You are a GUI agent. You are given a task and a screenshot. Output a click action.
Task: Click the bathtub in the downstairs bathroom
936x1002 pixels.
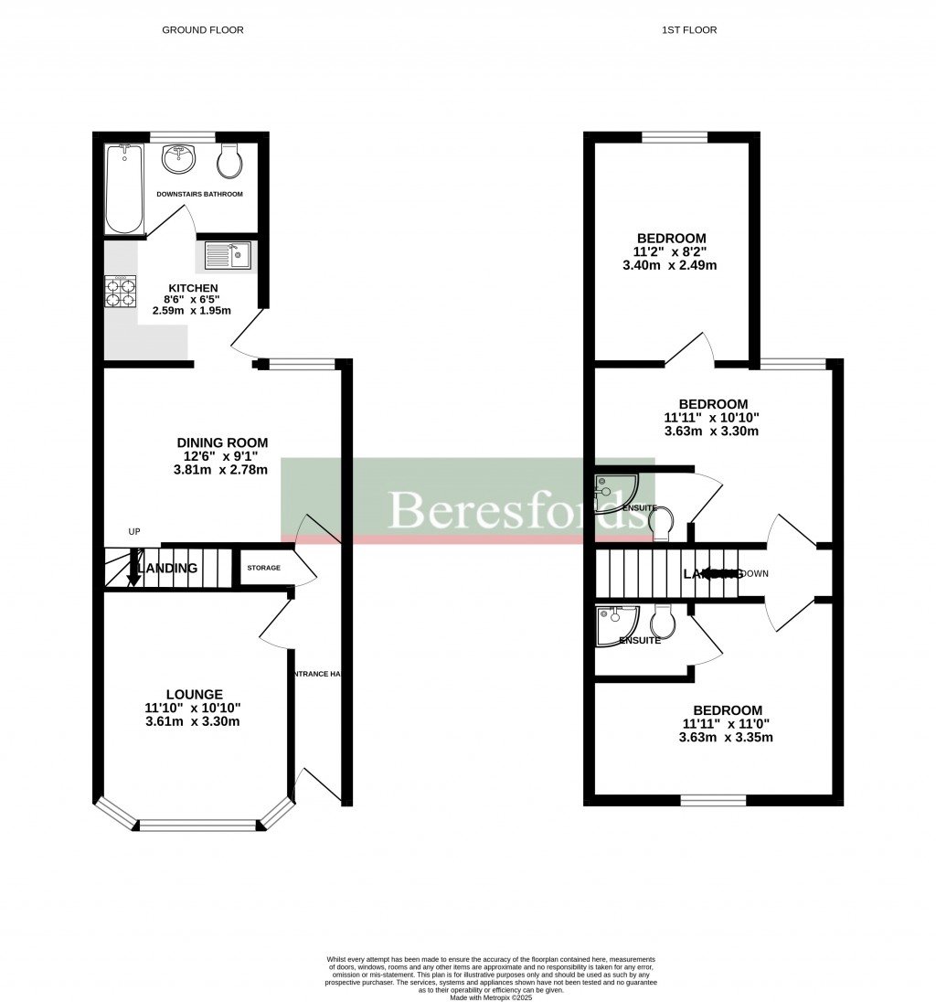point(122,189)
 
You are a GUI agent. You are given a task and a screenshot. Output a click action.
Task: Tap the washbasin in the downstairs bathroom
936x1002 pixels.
point(178,159)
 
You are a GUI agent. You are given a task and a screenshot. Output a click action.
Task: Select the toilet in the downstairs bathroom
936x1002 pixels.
point(229,162)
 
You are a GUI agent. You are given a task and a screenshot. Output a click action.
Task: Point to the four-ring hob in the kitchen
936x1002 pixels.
point(121,291)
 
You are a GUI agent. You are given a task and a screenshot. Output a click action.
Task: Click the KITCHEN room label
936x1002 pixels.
point(198,288)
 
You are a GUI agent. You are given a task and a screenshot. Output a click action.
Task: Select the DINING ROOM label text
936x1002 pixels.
point(223,442)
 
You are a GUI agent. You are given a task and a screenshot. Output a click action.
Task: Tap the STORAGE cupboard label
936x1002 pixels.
point(263,568)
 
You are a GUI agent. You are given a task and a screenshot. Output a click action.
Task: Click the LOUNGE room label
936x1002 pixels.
point(196,694)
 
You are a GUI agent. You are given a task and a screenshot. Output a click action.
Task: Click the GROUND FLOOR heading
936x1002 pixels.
point(203,30)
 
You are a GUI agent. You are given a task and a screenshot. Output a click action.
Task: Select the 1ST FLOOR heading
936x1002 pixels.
point(689,30)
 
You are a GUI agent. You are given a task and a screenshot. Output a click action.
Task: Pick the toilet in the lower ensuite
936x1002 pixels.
point(663,622)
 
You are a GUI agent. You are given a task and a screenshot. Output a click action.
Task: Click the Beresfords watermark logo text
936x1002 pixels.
point(516,509)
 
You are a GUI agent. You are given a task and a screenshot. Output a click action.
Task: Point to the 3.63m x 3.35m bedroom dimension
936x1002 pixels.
point(727,738)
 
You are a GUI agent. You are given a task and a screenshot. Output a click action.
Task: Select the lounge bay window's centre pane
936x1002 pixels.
point(199,826)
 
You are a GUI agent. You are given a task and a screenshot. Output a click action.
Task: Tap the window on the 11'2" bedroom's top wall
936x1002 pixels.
point(675,138)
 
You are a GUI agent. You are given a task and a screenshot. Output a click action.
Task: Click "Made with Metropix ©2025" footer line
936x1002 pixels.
point(491,997)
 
